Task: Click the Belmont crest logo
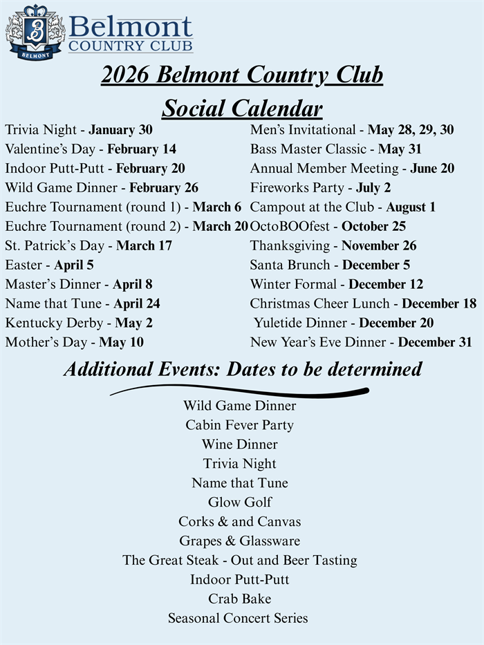click(35, 32)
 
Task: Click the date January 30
click(120, 129)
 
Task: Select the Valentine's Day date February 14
click(141, 149)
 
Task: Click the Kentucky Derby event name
click(45, 323)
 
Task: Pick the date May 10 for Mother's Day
click(121, 342)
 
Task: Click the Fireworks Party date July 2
click(373, 187)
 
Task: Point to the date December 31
click(436, 342)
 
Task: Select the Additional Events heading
click(242, 369)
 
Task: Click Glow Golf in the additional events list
click(240, 503)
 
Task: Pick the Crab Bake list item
click(240, 599)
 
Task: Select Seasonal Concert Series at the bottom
click(238, 618)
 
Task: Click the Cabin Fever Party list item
click(239, 425)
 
